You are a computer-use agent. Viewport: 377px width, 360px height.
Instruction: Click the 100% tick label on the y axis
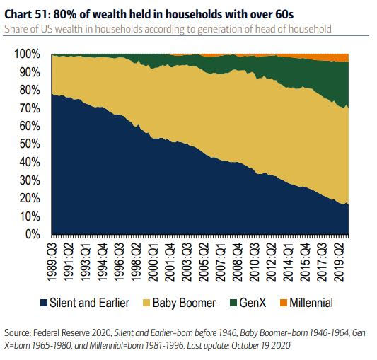[27, 54]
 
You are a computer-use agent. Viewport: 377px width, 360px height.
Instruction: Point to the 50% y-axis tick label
[30, 144]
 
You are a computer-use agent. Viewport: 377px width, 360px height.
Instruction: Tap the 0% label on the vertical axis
[33, 234]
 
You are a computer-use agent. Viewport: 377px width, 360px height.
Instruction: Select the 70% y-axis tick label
[30, 108]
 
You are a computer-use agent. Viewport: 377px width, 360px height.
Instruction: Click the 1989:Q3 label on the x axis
[52, 262]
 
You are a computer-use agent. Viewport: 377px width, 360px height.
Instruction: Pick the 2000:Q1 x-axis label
[153, 262]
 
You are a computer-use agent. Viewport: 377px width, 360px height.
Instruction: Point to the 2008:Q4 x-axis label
[238, 262]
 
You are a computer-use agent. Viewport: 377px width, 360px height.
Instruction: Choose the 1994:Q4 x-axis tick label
[103, 262]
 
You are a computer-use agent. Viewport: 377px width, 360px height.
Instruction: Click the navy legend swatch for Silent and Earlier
[44, 303]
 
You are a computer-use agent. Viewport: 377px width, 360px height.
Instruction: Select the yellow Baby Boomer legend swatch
[146, 303]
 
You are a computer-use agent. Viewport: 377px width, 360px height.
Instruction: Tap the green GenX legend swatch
[233, 303]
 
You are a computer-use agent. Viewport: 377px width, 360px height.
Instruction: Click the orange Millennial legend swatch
[284, 303]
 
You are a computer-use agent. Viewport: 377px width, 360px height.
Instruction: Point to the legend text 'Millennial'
[311, 303]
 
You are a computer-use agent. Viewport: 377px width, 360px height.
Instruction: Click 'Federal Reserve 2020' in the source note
[72, 333]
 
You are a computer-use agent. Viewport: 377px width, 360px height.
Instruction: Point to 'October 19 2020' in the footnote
[260, 346]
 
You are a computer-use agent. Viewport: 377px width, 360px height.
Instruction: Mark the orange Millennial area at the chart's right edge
[345, 58]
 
